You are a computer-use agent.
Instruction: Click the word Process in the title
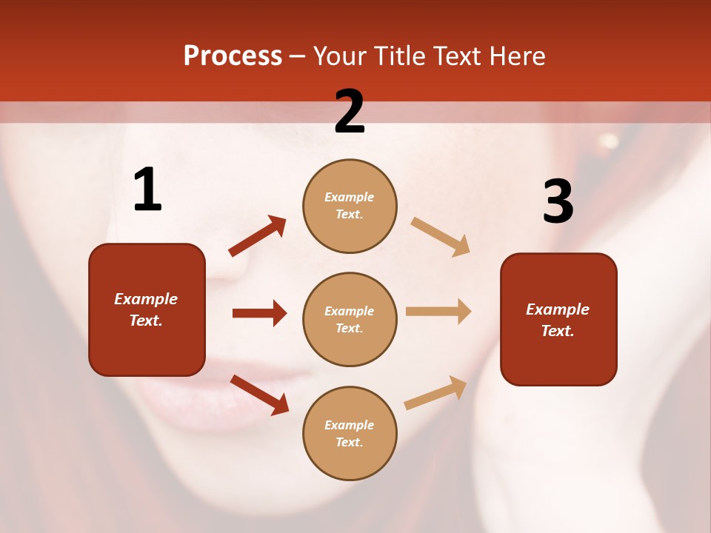click(x=233, y=56)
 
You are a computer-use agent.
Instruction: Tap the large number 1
click(x=147, y=190)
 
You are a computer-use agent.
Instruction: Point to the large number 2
click(x=350, y=112)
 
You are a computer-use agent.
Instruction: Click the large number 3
click(x=558, y=201)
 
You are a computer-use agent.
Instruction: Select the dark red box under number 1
click(x=147, y=309)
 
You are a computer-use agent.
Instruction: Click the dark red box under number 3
click(x=558, y=319)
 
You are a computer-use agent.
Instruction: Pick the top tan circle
click(x=350, y=206)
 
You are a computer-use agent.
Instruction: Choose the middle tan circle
click(x=350, y=319)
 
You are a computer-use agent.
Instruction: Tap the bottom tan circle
click(x=350, y=433)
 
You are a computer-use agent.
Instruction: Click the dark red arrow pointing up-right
click(x=258, y=235)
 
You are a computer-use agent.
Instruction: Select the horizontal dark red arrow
click(x=259, y=313)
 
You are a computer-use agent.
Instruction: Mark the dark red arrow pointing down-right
click(x=259, y=395)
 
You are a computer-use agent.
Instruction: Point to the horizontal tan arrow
click(x=438, y=312)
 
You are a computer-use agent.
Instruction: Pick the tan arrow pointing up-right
click(x=436, y=393)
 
